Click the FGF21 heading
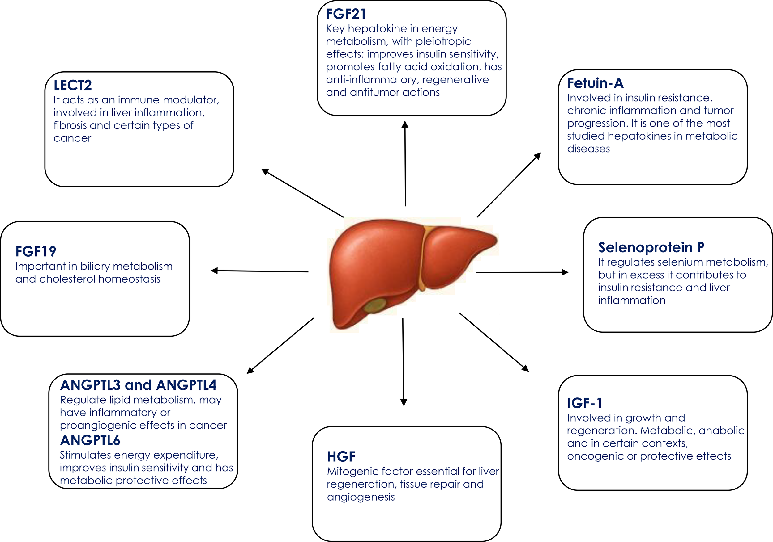[x=346, y=14]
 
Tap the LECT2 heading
[x=73, y=85]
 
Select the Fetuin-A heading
[x=595, y=83]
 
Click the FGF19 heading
[x=36, y=251]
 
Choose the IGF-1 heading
[x=585, y=403]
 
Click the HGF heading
[x=341, y=456]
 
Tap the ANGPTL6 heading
[x=90, y=440]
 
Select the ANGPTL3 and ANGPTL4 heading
[x=138, y=385]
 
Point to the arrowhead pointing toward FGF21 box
[x=405, y=124]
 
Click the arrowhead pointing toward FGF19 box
[x=215, y=271]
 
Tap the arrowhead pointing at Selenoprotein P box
[x=565, y=272]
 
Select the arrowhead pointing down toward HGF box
[x=404, y=402]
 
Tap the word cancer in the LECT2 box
[x=72, y=138]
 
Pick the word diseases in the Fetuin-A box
[x=588, y=149]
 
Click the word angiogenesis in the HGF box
[x=361, y=497]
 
